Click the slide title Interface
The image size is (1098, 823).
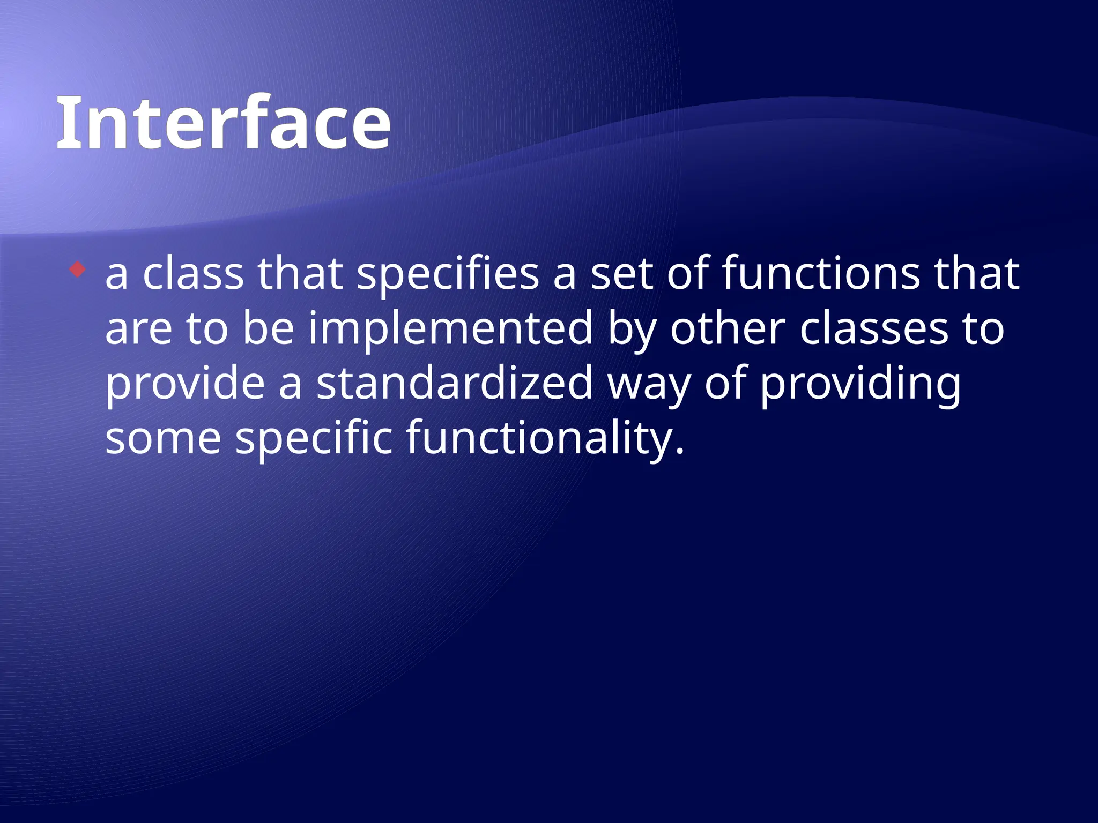pos(223,123)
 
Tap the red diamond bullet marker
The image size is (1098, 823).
pos(78,269)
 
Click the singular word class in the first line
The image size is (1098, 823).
pos(193,274)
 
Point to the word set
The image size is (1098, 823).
pos(622,274)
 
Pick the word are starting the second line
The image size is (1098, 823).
pos(138,330)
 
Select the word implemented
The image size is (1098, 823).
pos(450,330)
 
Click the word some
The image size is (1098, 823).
pos(163,439)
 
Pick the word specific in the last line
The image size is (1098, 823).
pos(314,439)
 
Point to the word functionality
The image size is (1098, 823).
pos(539,439)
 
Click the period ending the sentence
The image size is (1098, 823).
pos(680,451)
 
